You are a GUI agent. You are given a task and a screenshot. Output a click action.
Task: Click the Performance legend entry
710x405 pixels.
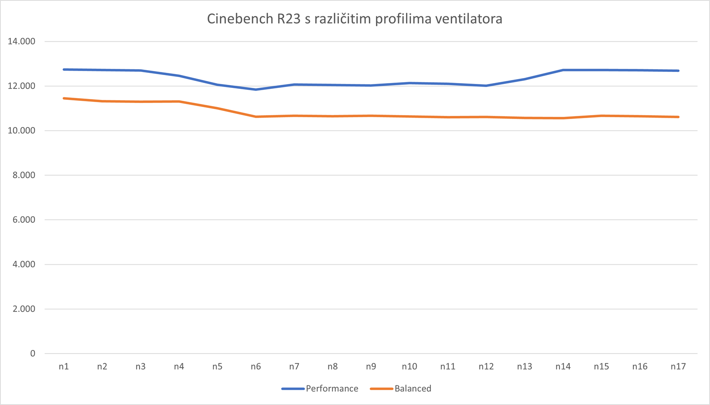[331, 389]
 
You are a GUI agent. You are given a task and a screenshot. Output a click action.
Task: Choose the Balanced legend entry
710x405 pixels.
[413, 389]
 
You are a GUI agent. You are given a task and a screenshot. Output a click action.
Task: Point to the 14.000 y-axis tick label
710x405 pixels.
[21, 41]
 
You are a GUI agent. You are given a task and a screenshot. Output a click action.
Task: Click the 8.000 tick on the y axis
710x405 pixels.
[23, 175]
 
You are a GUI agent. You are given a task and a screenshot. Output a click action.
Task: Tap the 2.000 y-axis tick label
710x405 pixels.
[23, 309]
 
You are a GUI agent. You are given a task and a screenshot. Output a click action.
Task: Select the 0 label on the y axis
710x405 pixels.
[32, 353]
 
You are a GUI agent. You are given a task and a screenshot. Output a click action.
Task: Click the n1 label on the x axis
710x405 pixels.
[64, 366]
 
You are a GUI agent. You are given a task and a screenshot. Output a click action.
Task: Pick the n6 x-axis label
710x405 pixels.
[256, 366]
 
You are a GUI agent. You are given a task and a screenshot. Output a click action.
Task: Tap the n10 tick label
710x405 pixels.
[409, 366]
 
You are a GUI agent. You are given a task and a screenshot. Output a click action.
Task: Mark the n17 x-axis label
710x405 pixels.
[678, 366]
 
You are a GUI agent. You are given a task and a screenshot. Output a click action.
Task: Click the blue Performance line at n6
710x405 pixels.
[256, 89]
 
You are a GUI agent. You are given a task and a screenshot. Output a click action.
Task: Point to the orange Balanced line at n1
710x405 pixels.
[64, 98]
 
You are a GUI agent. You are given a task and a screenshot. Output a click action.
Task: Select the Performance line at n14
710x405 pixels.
[563, 70]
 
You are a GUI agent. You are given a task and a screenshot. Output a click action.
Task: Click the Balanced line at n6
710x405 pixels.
[256, 117]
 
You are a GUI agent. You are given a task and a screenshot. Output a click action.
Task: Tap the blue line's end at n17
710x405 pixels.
[678, 71]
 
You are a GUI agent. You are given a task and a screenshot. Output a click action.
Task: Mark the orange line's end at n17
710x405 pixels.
[678, 117]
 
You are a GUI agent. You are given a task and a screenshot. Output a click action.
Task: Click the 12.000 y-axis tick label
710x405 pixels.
[21, 86]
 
